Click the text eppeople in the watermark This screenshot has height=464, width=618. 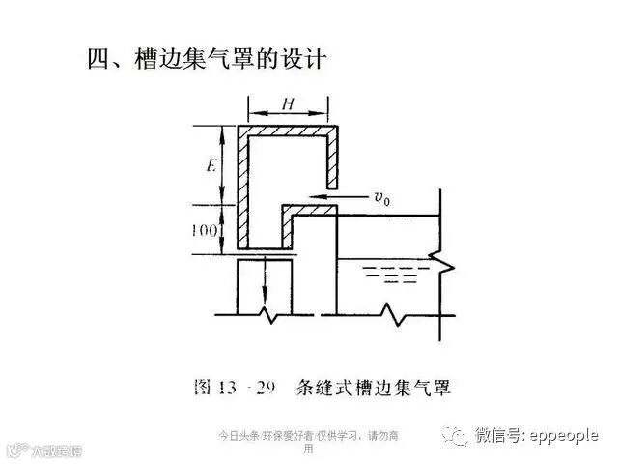point(564,436)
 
